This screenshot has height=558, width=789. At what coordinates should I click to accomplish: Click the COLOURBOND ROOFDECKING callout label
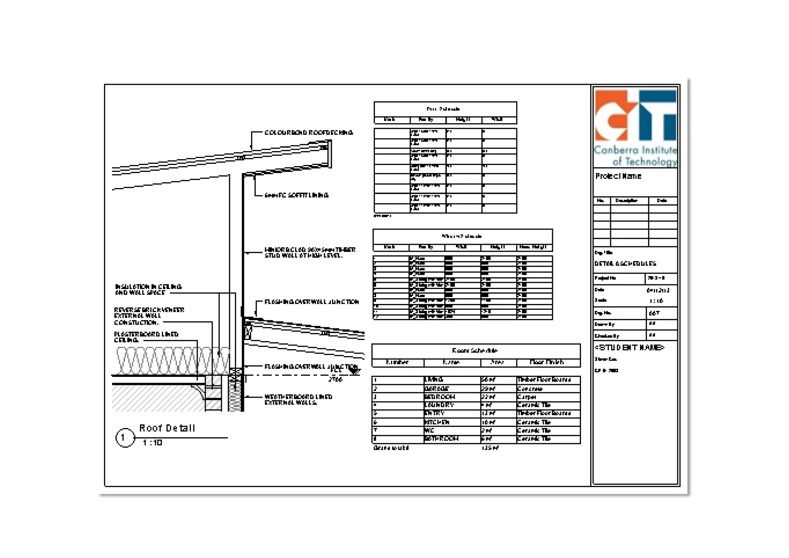point(309,133)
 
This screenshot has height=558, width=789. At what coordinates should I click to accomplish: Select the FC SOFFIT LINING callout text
point(296,195)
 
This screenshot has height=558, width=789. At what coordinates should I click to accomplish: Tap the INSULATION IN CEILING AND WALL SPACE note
point(148,289)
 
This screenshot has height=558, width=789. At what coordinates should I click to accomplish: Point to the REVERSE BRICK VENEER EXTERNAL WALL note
point(149,316)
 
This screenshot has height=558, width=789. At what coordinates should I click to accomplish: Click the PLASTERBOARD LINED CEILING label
point(146,337)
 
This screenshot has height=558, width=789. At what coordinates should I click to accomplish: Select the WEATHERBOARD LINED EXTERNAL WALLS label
point(298,400)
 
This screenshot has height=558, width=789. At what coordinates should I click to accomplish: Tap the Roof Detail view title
point(167,428)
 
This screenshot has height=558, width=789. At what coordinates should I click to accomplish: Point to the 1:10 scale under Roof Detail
point(153,443)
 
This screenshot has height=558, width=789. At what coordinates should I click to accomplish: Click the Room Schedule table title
point(475,351)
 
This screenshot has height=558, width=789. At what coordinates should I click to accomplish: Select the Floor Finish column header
point(547,362)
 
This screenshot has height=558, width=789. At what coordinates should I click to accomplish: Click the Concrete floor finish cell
point(530,389)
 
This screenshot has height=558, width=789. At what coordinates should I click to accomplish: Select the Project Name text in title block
point(618,176)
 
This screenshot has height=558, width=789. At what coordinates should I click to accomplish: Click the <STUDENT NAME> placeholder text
point(629,348)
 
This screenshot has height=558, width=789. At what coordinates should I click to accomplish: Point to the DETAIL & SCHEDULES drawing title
point(625,264)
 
